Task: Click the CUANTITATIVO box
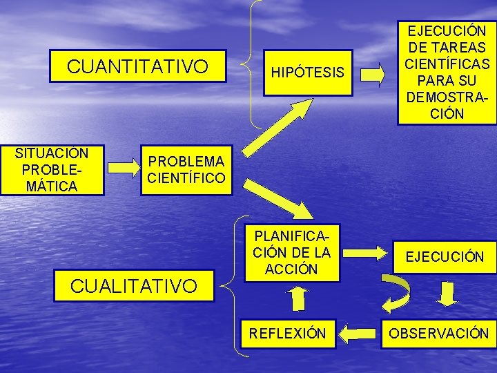137,66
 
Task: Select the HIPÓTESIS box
307,72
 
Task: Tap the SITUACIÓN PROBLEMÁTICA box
52,170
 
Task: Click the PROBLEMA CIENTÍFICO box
186,170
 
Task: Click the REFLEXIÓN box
287,334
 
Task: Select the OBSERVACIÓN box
439,334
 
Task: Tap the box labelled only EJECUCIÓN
445,257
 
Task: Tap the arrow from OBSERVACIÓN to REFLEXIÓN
359,334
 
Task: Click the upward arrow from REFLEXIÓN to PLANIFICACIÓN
298,299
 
